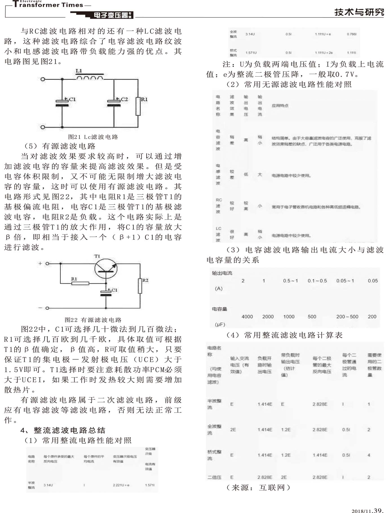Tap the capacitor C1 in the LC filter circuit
tap(62, 103)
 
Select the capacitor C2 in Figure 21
tap(114, 103)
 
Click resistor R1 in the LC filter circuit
tap(138, 106)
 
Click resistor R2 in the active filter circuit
tap(140, 286)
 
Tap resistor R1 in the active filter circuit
tap(80, 283)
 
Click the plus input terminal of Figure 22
tap(47, 264)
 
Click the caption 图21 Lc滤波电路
tap(93, 137)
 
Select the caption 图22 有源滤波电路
tap(93, 320)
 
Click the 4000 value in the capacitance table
tap(247, 317)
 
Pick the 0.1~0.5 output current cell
tap(317, 281)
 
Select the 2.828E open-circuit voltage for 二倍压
tap(264, 477)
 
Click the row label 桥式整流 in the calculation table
tap(214, 455)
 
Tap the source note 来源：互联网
tap(258, 488)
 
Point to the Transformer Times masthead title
tap(48, 5)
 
